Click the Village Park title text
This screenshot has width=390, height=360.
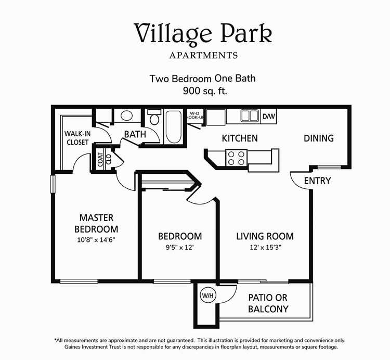tap(203, 33)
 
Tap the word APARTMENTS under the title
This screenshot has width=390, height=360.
tap(203, 55)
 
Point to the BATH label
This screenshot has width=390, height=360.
tap(135, 135)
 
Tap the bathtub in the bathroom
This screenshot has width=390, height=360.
tap(173, 126)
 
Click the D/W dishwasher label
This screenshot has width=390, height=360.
tap(268, 116)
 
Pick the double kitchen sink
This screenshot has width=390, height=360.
tap(249, 116)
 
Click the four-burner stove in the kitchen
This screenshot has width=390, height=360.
tap(235, 157)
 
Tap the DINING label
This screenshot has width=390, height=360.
tap(319, 138)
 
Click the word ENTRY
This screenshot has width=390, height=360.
tap(317, 181)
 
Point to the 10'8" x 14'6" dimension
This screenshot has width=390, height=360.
tap(96, 240)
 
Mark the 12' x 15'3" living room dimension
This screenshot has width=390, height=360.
tap(265, 248)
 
